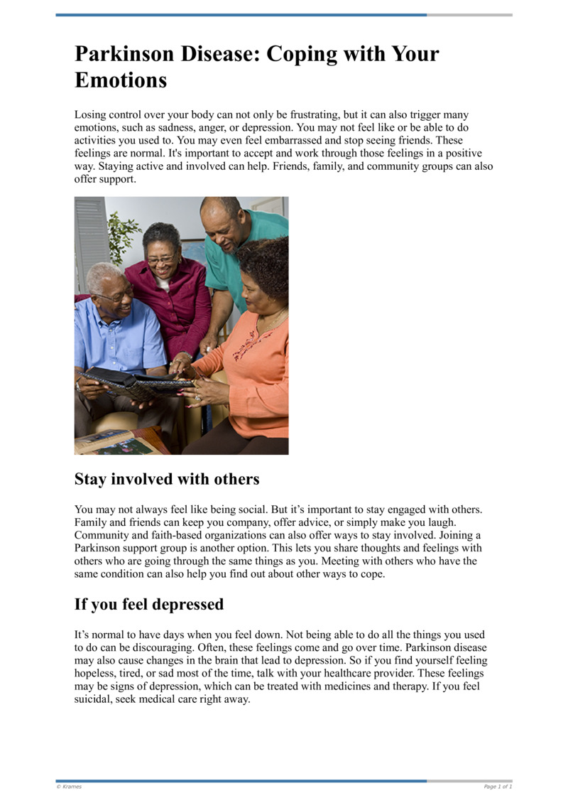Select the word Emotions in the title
pyautogui.click(x=121, y=80)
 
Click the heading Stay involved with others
pyautogui.click(x=167, y=480)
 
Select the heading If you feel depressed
pyautogui.click(x=149, y=605)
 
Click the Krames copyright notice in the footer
pyautogui.click(x=69, y=787)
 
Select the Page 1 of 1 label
pyautogui.click(x=498, y=787)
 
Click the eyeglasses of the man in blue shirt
pyautogui.click(x=114, y=296)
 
